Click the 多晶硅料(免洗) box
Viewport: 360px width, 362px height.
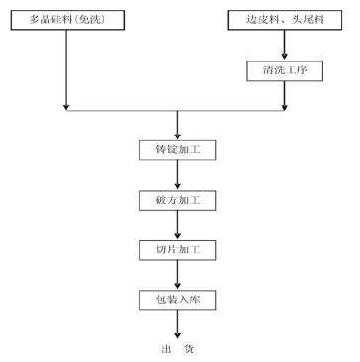point(65,20)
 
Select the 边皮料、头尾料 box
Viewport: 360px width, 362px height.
point(286,20)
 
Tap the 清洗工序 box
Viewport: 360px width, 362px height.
point(286,71)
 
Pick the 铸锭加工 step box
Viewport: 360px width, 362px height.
point(178,152)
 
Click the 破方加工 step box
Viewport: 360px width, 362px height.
point(178,201)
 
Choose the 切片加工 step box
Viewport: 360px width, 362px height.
point(178,249)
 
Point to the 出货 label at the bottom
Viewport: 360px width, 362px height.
point(178,348)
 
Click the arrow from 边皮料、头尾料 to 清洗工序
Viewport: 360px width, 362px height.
point(286,45)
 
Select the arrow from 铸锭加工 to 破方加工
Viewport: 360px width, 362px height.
point(178,177)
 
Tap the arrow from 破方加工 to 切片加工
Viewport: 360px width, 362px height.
point(178,226)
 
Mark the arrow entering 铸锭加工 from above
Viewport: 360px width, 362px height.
point(178,125)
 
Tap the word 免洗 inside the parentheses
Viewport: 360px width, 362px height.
point(93,20)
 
